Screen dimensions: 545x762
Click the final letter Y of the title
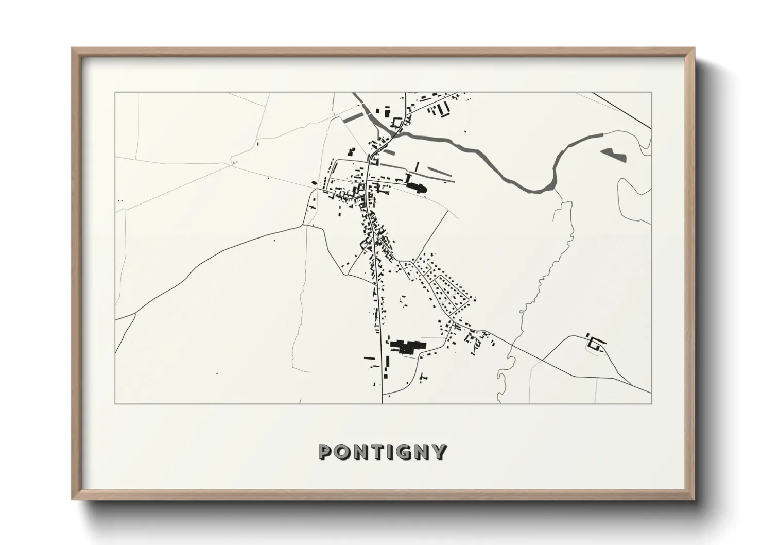(x=439, y=452)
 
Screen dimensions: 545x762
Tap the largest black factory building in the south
(x=407, y=346)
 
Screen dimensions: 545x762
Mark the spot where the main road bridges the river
(x=395, y=134)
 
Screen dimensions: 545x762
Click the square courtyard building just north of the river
(x=397, y=123)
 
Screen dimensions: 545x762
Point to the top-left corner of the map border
(x=115, y=93)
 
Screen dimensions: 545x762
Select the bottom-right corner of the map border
(x=652, y=403)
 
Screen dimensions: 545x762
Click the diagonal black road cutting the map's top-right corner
(x=622, y=111)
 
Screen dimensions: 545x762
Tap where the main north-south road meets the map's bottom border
(x=382, y=403)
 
